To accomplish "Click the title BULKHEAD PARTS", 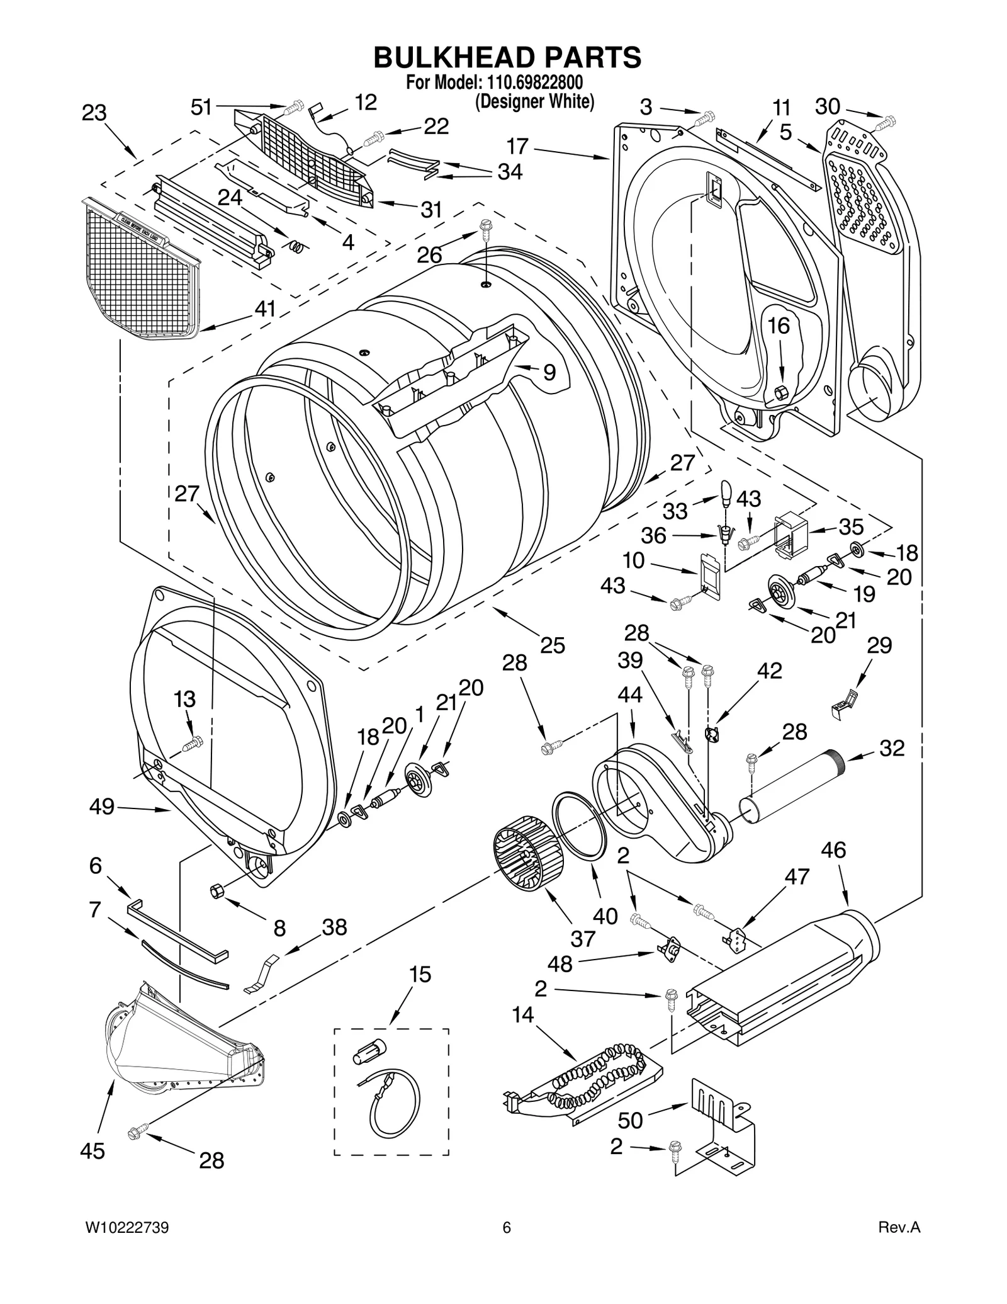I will (507, 57).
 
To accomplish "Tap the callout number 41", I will (265, 309).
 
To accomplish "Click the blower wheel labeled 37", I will (522, 853).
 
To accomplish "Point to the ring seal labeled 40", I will (580, 825).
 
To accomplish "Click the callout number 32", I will (891, 748).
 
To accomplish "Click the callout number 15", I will (420, 975).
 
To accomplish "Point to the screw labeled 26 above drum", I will (486, 228).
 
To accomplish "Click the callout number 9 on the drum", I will (549, 373).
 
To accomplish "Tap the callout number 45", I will (93, 1151).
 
